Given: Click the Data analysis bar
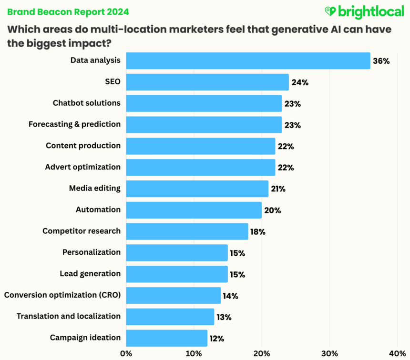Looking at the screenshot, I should tap(248, 61).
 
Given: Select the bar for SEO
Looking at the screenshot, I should tap(207, 82).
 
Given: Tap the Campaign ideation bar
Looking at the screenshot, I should tap(166, 338).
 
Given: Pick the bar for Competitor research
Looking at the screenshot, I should tap(187, 231).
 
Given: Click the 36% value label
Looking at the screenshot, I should tap(381, 61).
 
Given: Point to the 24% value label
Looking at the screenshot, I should tap(300, 82).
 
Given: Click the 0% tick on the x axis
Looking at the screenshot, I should tap(126, 353).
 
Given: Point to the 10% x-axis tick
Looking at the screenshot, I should tap(194, 353).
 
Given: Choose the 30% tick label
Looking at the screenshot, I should tap(329, 353).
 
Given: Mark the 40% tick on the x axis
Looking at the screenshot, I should tap(397, 353).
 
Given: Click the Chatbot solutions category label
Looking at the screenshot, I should tap(86, 103).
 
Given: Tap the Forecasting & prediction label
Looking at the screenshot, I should tap(74, 124).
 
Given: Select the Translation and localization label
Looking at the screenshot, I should tap(69, 316).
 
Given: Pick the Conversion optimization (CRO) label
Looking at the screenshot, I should tap(62, 295).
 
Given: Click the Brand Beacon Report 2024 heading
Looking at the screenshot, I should tap(68, 11).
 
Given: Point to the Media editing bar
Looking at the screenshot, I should tap(197, 189).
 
